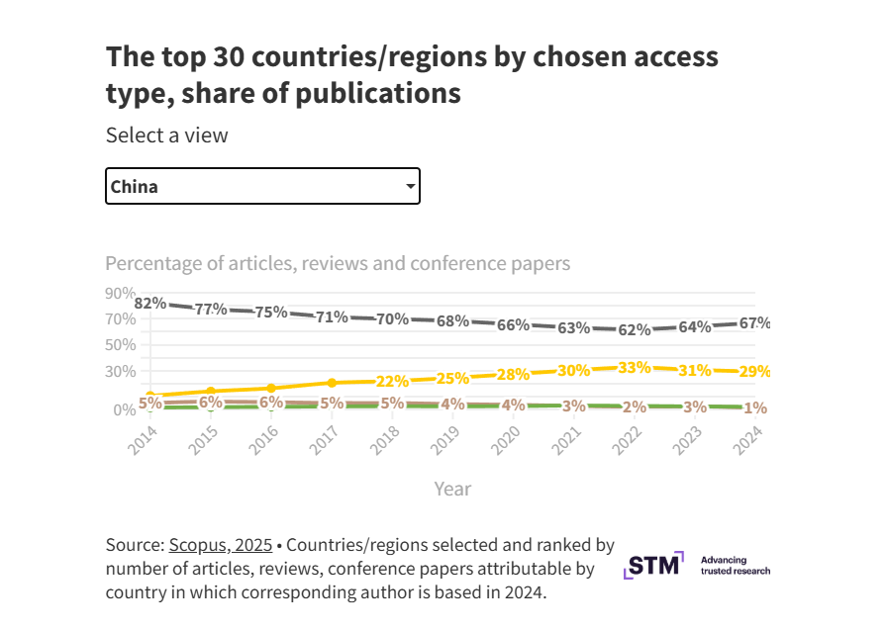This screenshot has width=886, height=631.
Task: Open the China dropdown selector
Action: pos(262,186)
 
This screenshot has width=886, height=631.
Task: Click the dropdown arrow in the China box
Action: pos(410,186)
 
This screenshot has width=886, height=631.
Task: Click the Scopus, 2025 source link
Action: pos(220,545)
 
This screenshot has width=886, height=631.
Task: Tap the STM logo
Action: pos(653,566)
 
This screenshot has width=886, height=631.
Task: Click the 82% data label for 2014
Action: pos(149,304)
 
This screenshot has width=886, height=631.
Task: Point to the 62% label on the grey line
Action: pos(635,330)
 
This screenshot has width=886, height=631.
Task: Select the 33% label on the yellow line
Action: pos(635,368)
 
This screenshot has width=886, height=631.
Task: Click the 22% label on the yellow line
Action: pos(392,382)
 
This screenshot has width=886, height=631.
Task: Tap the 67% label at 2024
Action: pos(754,323)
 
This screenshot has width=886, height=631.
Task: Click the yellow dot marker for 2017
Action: pos(332,383)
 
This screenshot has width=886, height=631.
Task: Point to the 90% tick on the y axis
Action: pos(120,293)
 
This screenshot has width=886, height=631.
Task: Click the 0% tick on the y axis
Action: pos(124,409)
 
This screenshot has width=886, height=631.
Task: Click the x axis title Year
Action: pos(452,489)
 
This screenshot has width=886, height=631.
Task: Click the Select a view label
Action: pos(166,135)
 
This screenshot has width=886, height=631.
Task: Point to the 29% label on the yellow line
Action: pos(754,372)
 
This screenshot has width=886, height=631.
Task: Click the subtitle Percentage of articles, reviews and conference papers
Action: pos(338,264)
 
